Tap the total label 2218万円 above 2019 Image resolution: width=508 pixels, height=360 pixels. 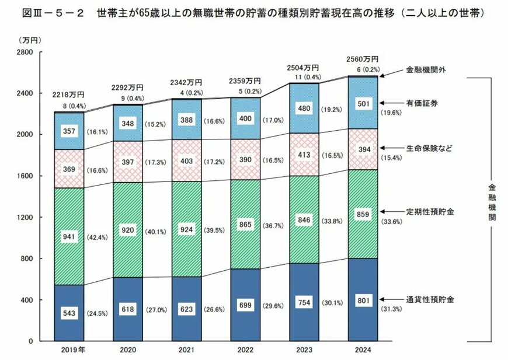(x=69, y=95)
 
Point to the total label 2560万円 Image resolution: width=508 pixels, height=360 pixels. (x=362, y=59)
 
